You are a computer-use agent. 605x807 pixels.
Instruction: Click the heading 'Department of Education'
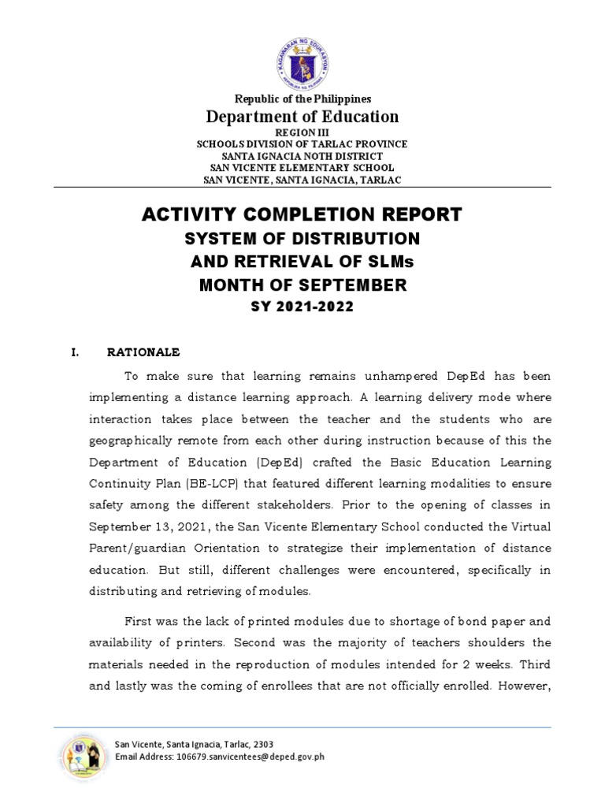click(x=302, y=117)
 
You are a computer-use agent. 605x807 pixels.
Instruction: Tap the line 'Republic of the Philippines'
click(x=302, y=99)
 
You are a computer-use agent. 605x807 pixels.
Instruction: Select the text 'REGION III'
click(x=302, y=133)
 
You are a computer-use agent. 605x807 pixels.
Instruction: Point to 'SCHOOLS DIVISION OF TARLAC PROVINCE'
click(x=302, y=144)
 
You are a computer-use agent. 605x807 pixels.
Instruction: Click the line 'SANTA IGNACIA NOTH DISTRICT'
click(x=302, y=156)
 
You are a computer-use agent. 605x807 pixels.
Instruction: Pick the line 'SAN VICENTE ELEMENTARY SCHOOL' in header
click(x=302, y=168)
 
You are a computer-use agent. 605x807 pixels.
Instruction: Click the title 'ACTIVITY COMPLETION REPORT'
click(x=302, y=214)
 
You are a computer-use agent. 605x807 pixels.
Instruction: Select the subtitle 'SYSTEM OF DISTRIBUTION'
click(x=302, y=238)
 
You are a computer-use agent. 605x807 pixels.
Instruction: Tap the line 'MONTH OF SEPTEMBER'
click(x=302, y=285)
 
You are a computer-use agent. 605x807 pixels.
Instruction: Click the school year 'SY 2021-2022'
click(x=302, y=307)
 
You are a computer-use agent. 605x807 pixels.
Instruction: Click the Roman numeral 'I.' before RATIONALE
click(x=76, y=351)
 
